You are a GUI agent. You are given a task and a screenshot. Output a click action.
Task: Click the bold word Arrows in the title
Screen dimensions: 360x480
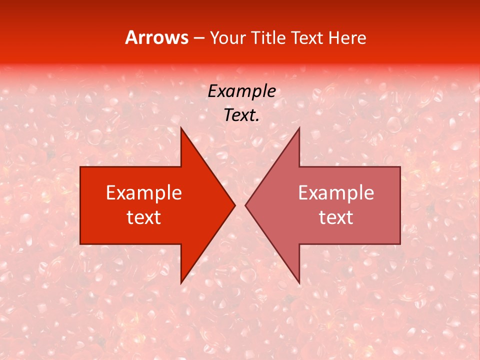pyautogui.click(x=156, y=37)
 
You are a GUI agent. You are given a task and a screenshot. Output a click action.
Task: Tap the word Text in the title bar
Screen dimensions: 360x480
pyautogui.click(x=307, y=37)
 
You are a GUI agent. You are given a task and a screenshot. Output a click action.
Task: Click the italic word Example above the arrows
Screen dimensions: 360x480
pyautogui.click(x=241, y=91)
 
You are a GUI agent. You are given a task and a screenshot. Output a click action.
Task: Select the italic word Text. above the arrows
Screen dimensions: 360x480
pyautogui.click(x=241, y=115)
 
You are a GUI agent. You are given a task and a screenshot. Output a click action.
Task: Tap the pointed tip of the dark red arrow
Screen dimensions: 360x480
pyautogui.click(x=234, y=205)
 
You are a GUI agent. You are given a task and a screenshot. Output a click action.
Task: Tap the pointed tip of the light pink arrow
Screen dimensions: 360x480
pyautogui.click(x=246, y=205)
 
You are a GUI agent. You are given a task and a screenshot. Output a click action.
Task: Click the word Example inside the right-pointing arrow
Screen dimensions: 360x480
pyautogui.click(x=144, y=192)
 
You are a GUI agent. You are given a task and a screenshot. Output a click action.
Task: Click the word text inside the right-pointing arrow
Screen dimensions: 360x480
pyautogui.click(x=144, y=217)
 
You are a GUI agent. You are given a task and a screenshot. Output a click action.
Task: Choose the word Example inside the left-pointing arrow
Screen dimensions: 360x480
pyautogui.click(x=336, y=192)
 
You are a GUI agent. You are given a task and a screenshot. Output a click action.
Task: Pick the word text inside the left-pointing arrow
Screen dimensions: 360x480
pyautogui.click(x=336, y=217)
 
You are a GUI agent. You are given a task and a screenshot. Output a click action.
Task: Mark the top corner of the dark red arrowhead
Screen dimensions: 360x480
pyautogui.click(x=181, y=128)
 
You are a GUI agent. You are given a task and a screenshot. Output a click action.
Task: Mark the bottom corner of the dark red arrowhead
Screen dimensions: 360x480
pyautogui.click(x=181, y=283)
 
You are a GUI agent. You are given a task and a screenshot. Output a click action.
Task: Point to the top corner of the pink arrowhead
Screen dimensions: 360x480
pyautogui.click(x=299, y=128)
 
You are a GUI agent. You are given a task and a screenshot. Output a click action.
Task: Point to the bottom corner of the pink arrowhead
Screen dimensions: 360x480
pyautogui.click(x=299, y=283)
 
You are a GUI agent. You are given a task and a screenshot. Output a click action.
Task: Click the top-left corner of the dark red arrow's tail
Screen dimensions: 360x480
pyautogui.click(x=80, y=167)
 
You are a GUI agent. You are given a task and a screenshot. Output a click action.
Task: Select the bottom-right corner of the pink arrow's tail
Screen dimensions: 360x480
pyautogui.click(x=400, y=244)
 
